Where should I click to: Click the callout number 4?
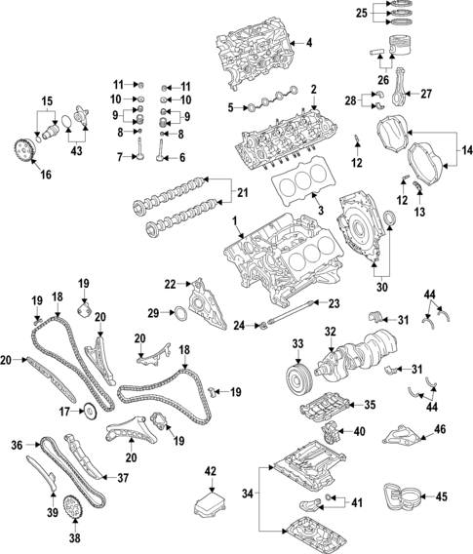pyautogui.click(x=309, y=43)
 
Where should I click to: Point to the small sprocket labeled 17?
pyautogui.click(x=91, y=410)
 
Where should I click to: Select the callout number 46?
pyautogui.click(x=440, y=428)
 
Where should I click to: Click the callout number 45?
pyautogui.click(x=440, y=495)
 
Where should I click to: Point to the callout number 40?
pyautogui.click(x=359, y=431)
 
